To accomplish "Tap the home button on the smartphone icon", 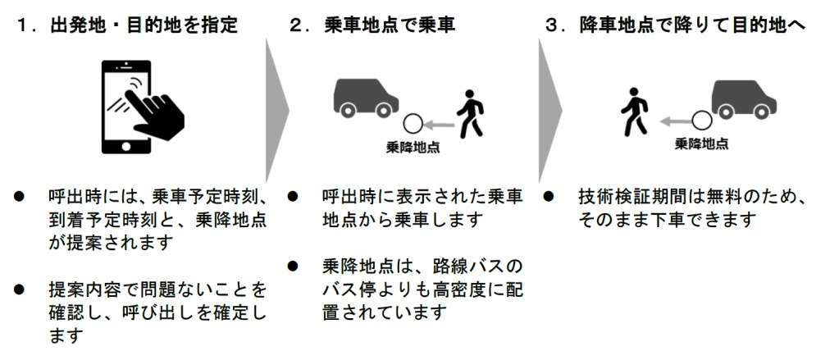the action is pos(126,146).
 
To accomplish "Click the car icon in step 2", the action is pos(367,98).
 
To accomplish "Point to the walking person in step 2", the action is pos(470,113).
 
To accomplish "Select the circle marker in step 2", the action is pos(413,125).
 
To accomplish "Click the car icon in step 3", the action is pos(744,99).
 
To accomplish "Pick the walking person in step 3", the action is pos(635,112).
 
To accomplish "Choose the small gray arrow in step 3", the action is pos(675,122).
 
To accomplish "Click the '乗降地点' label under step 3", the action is pos(701,144).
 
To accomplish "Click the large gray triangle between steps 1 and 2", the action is pos(276,110).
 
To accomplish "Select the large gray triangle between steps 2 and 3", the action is pos(549,110).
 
